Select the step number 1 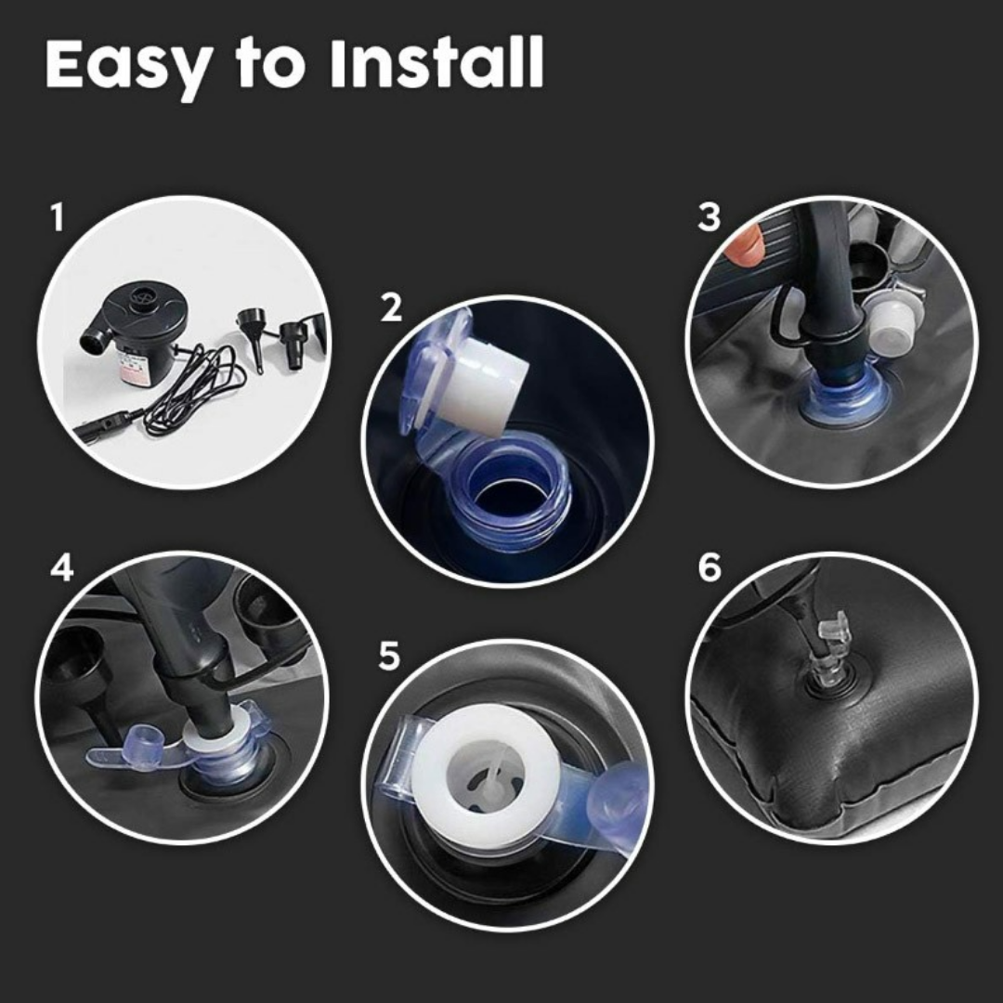click(58, 218)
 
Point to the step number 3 click(709, 217)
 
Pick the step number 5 click(389, 656)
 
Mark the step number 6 click(709, 567)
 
